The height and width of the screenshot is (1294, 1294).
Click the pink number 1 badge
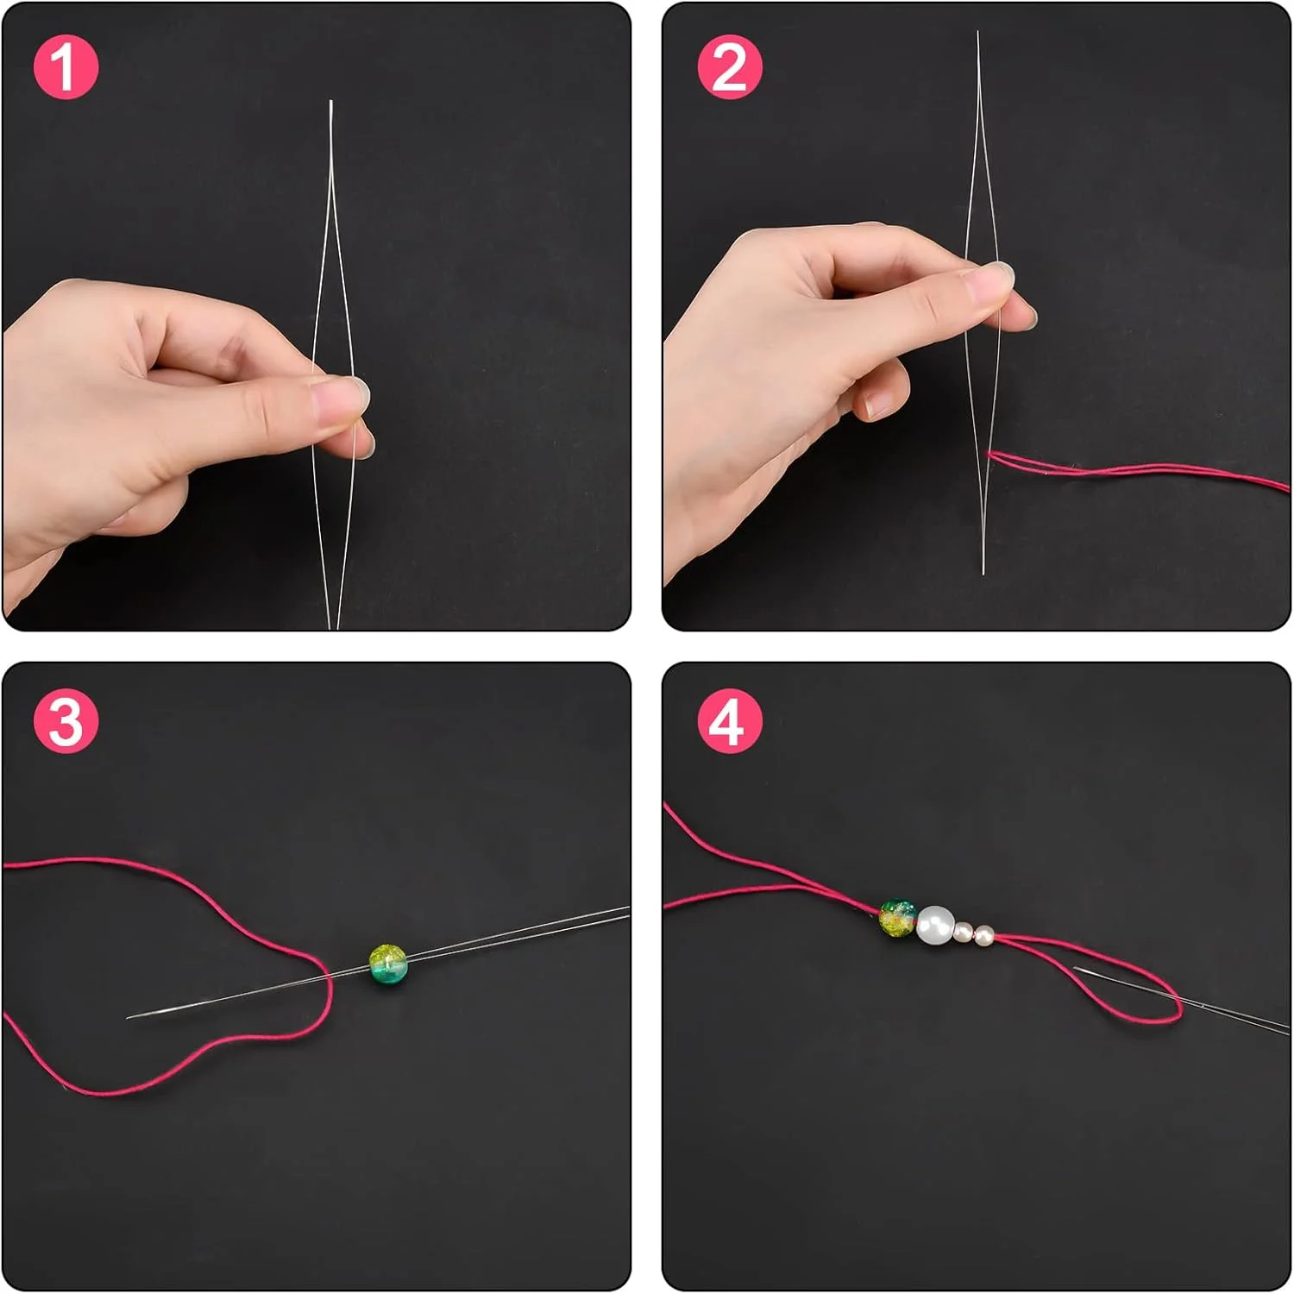(66, 66)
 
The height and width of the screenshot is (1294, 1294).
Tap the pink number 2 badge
(729, 66)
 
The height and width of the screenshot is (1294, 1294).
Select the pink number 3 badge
(66, 721)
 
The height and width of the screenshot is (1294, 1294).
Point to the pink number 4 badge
(729, 721)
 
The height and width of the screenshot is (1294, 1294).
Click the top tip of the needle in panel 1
(330, 101)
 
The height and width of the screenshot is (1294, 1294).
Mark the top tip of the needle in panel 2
(977, 32)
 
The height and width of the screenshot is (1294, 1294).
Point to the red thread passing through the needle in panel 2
(1139, 470)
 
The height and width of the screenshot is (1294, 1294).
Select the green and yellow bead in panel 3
(387, 965)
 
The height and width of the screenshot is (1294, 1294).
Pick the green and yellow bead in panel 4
(898, 919)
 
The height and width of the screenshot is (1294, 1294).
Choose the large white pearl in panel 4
(936, 925)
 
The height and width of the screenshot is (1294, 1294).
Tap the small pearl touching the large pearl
(964, 932)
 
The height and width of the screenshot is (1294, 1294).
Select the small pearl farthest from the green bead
(983, 935)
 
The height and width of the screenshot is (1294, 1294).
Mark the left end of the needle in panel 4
(1075, 969)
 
